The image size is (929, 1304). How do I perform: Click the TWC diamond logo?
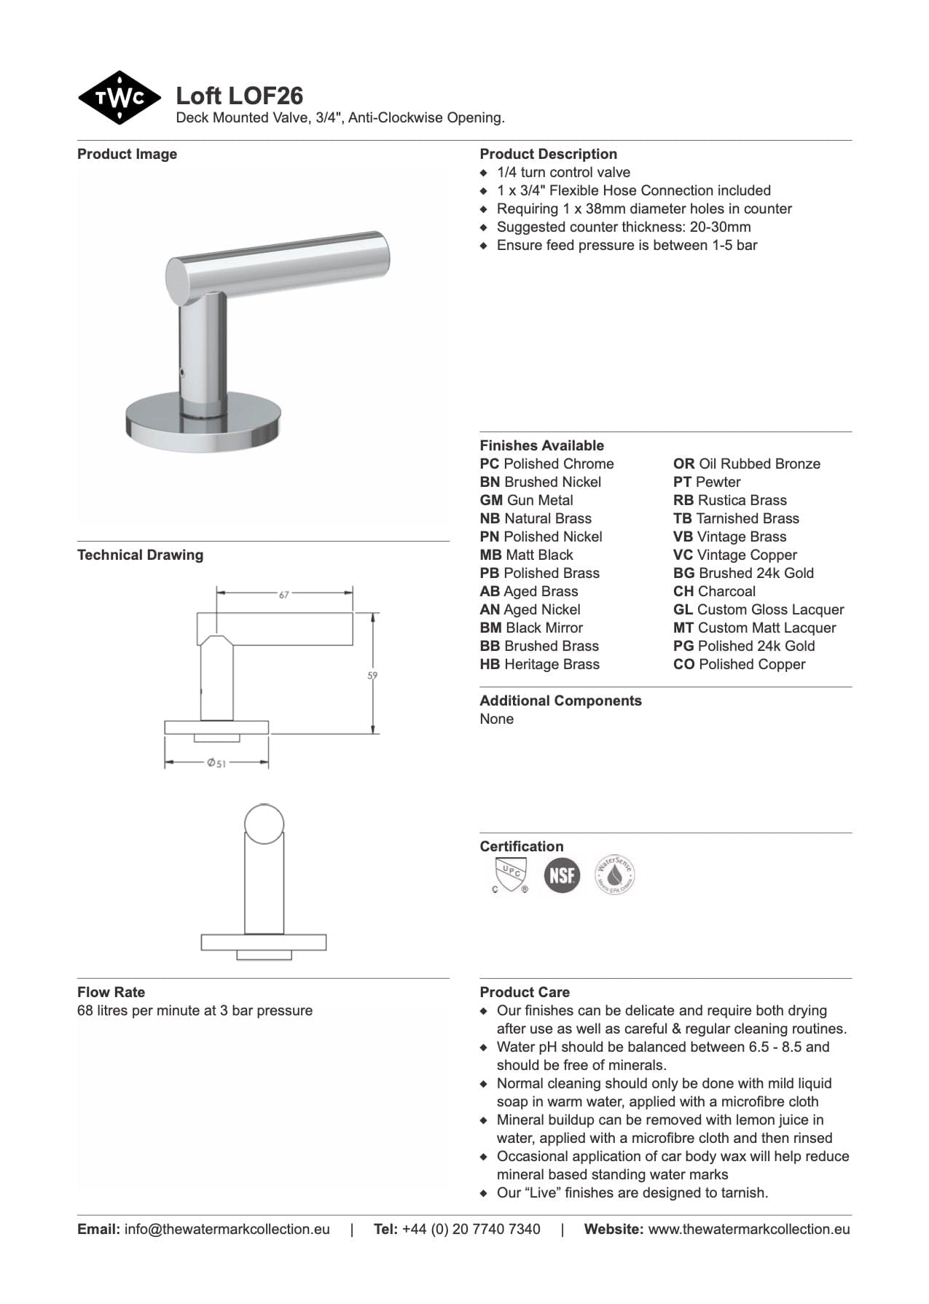pyautogui.click(x=119, y=98)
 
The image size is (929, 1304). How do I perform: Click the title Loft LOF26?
pyautogui.click(x=240, y=95)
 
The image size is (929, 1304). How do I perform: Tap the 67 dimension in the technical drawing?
pyautogui.click(x=284, y=594)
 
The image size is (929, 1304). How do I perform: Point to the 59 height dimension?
pyautogui.click(x=372, y=676)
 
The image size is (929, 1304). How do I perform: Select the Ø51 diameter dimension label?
pyautogui.click(x=216, y=763)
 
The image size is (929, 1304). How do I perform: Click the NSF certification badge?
pyautogui.click(x=562, y=875)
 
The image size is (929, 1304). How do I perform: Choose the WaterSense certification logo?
pyautogui.click(x=615, y=875)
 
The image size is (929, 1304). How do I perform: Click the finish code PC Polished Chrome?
pyautogui.click(x=546, y=464)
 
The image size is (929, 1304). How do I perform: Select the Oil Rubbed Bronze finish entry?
pyautogui.click(x=746, y=464)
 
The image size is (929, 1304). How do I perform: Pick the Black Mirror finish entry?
pyautogui.click(x=531, y=628)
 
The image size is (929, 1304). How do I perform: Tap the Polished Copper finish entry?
pyautogui.click(x=739, y=664)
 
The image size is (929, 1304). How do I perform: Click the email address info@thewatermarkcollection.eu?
pyautogui.click(x=227, y=1229)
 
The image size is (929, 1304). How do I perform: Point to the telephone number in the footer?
pyautogui.click(x=471, y=1229)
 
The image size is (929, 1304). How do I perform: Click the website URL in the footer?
pyautogui.click(x=748, y=1229)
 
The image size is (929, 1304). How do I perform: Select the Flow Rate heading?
pyautogui.click(x=111, y=992)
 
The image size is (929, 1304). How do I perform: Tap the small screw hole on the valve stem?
pyautogui.click(x=181, y=373)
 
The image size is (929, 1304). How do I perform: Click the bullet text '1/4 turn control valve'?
pyautogui.click(x=563, y=172)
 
